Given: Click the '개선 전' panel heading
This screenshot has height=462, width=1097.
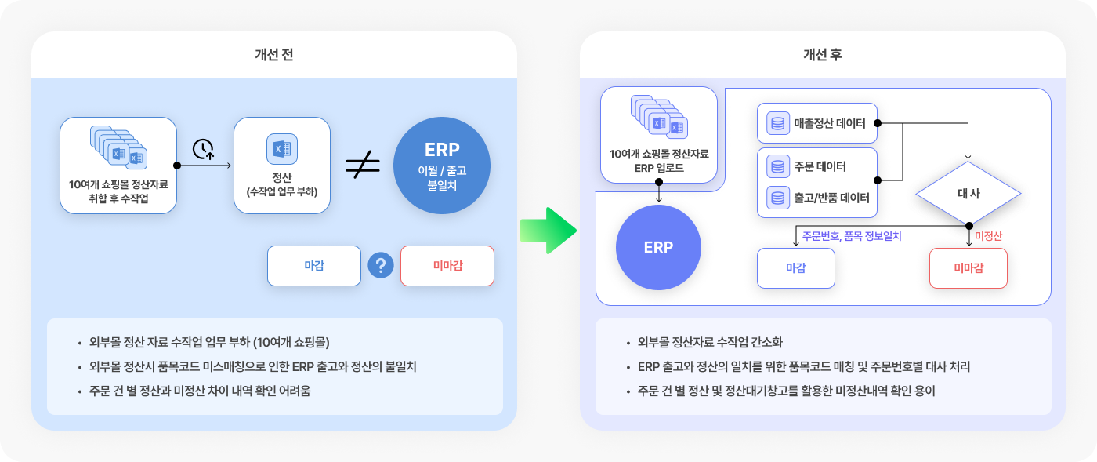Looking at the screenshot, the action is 273,54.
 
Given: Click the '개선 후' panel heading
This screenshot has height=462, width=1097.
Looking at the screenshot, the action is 822,54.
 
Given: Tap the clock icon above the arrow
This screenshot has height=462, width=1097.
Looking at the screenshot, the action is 203,149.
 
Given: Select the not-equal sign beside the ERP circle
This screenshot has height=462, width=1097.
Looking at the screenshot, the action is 363,164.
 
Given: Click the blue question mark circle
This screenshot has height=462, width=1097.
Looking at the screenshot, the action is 381,265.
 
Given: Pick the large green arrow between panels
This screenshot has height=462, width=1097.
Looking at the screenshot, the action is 548,231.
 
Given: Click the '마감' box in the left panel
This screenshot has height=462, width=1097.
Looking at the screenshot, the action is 314,266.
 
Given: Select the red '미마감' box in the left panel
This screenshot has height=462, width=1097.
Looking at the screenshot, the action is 447,266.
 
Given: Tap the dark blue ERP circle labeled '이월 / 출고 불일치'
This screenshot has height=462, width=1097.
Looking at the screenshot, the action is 442,166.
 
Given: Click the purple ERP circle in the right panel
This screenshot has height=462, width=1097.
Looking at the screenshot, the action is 658,247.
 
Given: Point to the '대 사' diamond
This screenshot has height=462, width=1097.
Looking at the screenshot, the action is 968,193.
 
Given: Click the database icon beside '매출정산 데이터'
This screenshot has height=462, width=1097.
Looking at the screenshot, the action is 777,123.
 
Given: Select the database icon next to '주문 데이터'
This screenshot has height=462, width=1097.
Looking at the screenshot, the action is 777,166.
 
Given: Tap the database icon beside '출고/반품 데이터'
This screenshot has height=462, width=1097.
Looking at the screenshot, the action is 777,198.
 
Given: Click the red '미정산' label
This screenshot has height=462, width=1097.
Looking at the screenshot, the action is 988,236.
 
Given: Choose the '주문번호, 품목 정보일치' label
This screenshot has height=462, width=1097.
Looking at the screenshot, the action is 852,236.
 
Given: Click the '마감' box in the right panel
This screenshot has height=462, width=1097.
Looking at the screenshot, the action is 796,268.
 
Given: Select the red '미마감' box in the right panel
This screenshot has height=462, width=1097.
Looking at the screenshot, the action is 968,268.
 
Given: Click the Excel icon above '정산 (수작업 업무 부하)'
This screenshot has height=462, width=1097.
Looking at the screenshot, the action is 281,148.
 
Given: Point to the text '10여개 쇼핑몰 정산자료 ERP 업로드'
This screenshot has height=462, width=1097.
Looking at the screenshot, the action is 659,161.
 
